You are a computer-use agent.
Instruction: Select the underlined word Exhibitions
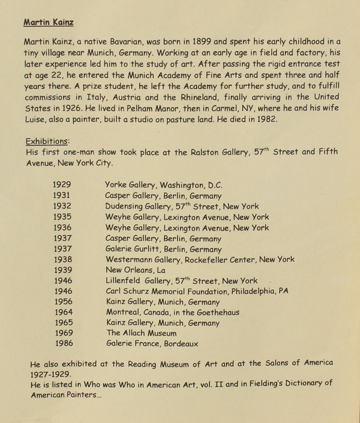click(45, 141)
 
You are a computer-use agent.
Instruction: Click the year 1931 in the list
click(62, 196)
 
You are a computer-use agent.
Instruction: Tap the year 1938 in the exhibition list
click(62, 259)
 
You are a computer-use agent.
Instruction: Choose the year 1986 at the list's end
click(62, 344)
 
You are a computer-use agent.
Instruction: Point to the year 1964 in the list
click(62, 312)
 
